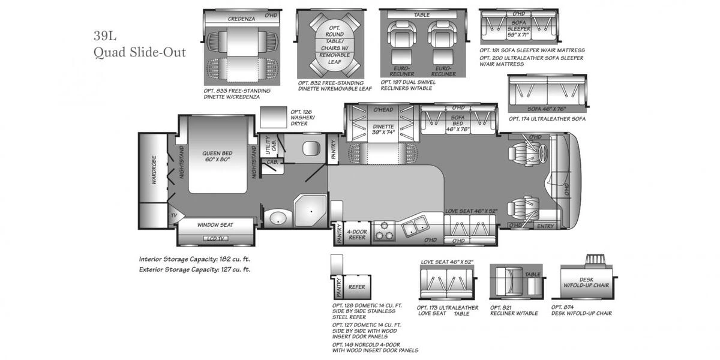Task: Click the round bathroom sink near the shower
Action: (x=277, y=218)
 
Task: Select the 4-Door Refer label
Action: (x=357, y=234)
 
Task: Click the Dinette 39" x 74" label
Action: (x=383, y=130)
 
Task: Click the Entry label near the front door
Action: (x=545, y=226)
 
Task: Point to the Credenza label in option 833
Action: (x=241, y=19)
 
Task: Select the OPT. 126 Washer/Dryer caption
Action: (x=302, y=117)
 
